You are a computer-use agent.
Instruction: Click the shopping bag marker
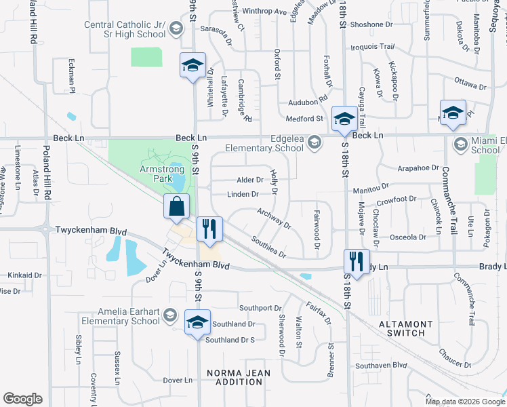click(176, 207)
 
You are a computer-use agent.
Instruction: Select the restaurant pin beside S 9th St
click(209, 229)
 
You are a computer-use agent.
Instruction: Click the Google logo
click(22, 399)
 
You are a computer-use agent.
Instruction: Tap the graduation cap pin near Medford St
click(344, 117)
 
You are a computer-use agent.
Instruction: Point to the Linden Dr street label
click(243, 194)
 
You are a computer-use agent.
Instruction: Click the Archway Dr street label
click(273, 218)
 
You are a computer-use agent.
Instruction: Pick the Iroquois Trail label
click(371, 47)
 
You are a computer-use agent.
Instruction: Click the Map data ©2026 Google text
click(465, 402)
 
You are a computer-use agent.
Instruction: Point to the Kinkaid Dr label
click(24, 276)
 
